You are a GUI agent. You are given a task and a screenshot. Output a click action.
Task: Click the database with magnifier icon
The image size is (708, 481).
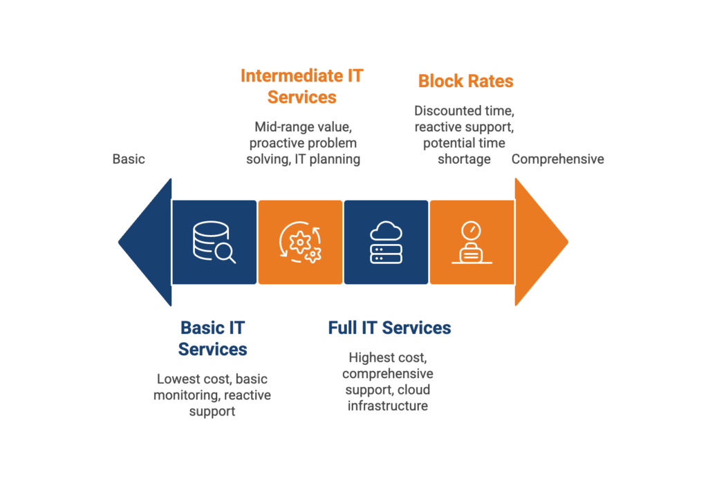click(213, 243)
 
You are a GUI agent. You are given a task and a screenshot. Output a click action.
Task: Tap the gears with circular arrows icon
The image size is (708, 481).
click(299, 243)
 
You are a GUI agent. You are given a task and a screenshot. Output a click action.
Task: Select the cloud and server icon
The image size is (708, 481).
click(386, 243)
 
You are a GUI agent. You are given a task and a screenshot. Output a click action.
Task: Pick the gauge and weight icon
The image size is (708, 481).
click(472, 243)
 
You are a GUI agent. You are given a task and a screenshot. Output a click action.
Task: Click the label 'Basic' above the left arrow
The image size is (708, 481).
click(129, 159)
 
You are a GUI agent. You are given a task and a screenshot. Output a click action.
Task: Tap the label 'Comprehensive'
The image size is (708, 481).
click(557, 159)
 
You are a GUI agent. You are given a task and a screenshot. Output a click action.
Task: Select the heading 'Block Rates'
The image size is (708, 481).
click(466, 82)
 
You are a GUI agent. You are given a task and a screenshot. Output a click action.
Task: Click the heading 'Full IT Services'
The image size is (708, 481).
click(389, 327)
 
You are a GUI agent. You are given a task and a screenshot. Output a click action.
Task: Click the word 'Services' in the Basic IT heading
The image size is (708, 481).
click(212, 349)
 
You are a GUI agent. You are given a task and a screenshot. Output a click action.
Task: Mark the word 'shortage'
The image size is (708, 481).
click(465, 159)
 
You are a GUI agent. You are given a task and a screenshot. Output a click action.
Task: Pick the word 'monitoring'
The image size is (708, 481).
click(183, 395)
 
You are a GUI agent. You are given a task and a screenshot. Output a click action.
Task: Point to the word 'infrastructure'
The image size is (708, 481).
click(388, 406)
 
